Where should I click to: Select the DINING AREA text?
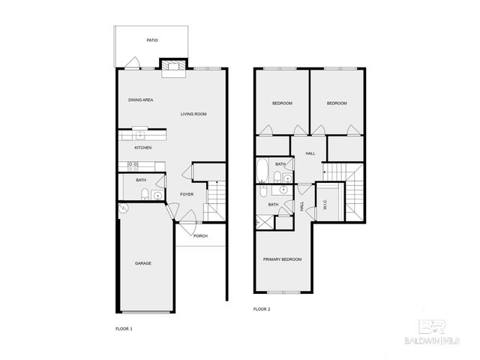click(141, 100)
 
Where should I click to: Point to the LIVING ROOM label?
click(193, 114)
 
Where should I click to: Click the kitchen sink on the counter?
click(139, 135)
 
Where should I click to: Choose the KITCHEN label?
click(143, 148)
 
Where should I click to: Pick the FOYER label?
click(187, 194)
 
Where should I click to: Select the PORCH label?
click(200, 236)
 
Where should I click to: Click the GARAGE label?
click(143, 263)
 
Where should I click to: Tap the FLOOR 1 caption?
click(124, 328)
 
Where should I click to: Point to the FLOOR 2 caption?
click(262, 308)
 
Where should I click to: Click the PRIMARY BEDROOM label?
click(282, 259)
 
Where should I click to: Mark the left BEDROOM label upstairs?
click(282, 103)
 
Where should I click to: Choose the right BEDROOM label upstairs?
click(337, 103)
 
